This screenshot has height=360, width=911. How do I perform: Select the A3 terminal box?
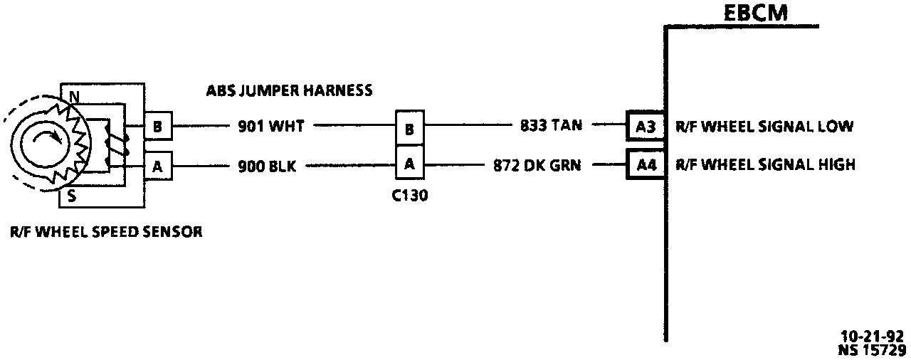pos(645,127)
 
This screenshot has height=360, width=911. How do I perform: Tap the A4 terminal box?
pos(645,165)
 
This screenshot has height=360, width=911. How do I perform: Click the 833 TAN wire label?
pos(551,126)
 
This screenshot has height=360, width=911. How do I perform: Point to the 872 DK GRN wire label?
pos(537,165)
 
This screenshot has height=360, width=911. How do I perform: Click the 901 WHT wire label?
pos(270,127)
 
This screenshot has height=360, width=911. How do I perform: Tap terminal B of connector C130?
pos(409,129)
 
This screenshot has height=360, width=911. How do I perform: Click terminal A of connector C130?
pos(409,163)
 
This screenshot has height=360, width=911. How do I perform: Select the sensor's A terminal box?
pos(157,167)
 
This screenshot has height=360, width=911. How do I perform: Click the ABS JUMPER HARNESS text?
pos(289,90)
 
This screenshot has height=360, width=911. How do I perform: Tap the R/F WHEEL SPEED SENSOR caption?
pos(106,231)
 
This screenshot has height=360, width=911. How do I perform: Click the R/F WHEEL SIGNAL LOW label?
pos(764,127)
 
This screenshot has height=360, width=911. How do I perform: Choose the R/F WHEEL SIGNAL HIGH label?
pos(765,165)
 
